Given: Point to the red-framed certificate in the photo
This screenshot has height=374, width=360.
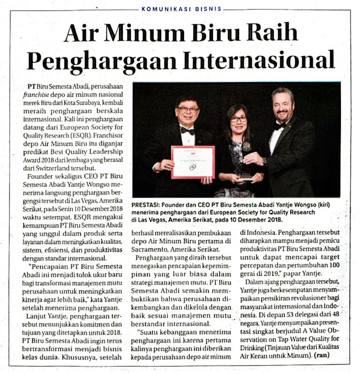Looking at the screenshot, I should pos(193,161).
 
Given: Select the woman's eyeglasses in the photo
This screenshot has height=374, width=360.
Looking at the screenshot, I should pos(238,119).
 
